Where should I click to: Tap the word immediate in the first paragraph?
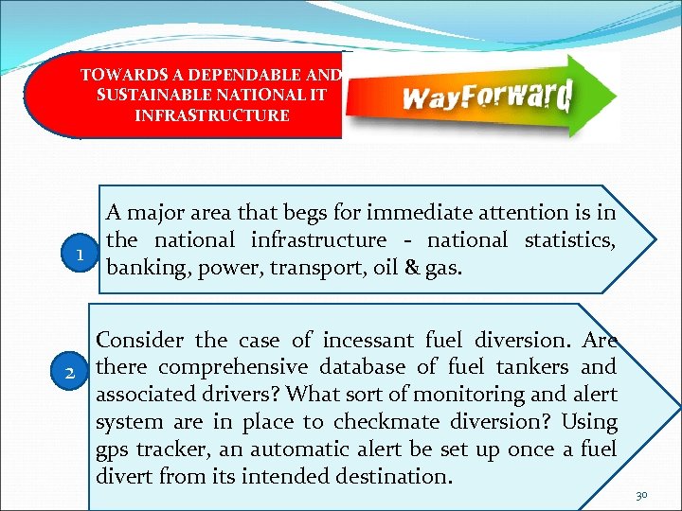[x=420, y=214]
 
